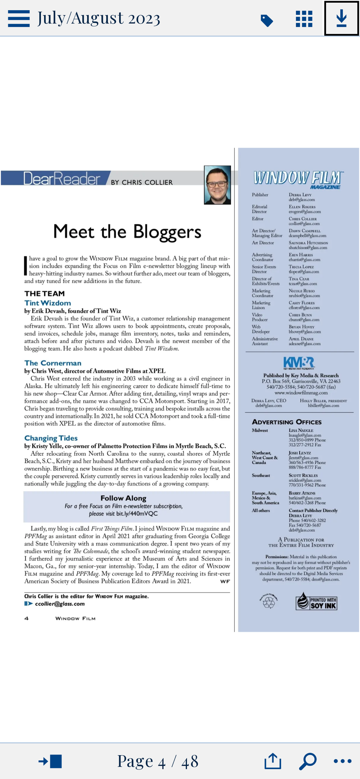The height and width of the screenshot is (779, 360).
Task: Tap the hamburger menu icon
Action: coord(19,18)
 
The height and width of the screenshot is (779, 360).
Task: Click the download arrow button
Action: coord(341,18)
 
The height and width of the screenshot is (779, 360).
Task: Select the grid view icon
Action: coord(304,19)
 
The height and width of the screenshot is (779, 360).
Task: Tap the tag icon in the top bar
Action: coord(266,21)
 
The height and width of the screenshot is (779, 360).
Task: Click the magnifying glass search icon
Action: coord(307,761)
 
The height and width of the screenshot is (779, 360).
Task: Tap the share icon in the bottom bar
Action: coord(273,761)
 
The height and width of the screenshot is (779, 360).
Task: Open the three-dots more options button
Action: coord(342,761)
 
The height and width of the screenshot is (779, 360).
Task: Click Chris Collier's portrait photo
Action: coord(217,185)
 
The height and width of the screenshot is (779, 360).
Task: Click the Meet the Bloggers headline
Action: coord(127,232)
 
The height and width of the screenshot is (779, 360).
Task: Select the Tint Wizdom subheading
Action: coord(48,303)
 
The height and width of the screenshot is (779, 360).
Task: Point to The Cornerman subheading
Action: coord(53,363)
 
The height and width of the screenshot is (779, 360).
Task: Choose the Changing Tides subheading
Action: coord(51,438)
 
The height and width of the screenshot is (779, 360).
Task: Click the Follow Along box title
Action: coord(123,498)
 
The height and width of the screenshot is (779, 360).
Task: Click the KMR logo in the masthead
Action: coord(298,363)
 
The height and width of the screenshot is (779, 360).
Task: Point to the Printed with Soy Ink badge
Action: coord(316,602)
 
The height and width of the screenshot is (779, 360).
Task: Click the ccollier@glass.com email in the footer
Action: coord(60,604)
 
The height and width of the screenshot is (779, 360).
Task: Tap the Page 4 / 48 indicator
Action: coord(158,761)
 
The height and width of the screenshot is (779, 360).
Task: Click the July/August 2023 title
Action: coord(99,18)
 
